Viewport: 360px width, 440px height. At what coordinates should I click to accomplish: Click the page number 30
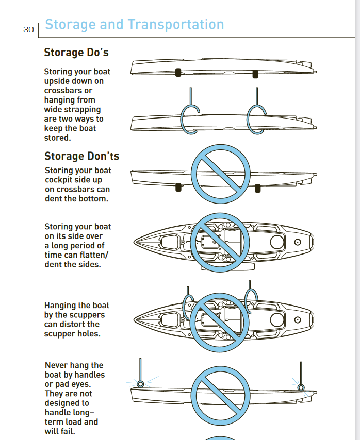[28, 30]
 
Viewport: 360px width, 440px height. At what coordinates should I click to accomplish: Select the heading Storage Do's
[76, 53]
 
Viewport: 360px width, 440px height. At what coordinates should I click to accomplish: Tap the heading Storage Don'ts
[81, 156]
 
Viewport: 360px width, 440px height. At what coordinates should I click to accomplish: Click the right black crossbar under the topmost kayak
[255, 74]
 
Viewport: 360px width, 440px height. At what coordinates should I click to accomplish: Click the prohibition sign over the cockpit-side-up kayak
[220, 174]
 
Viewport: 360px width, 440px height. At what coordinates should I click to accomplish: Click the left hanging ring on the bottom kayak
[140, 383]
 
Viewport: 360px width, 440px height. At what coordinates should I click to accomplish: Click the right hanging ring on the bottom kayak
[301, 387]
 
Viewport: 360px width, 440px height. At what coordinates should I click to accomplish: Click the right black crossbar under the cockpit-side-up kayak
[258, 189]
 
